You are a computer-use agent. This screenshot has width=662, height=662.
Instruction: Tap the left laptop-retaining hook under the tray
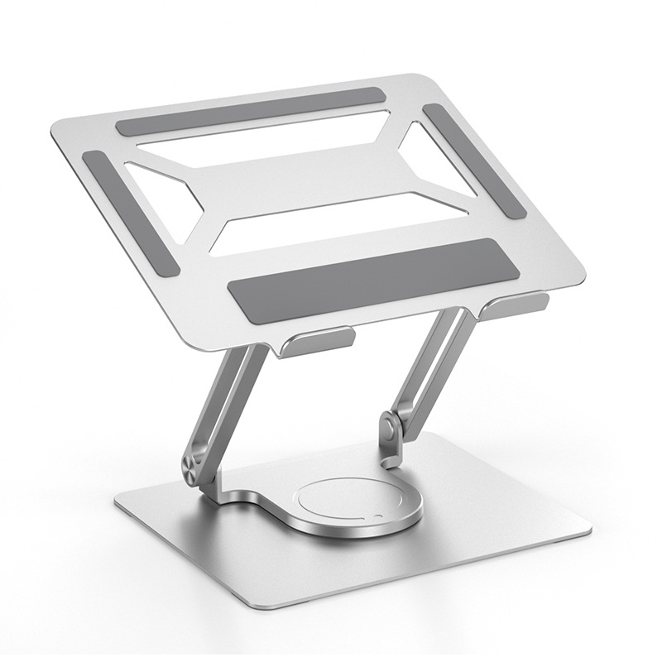(316, 342)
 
